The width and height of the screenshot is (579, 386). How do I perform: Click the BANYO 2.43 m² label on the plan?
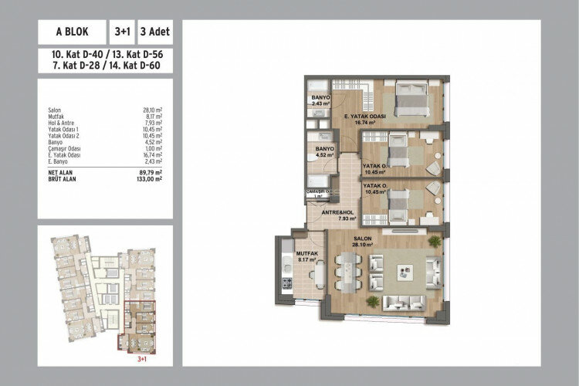pos(321,100)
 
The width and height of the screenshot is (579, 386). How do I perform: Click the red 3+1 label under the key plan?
pos(137,357)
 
